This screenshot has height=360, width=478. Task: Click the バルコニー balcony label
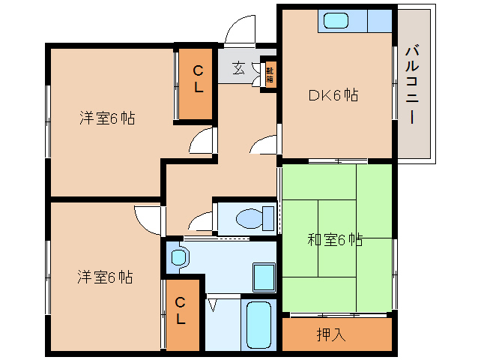(412, 85)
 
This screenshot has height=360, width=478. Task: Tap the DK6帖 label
(333, 95)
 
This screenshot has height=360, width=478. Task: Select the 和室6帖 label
(335, 240)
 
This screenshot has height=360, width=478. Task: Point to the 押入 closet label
(331, 334)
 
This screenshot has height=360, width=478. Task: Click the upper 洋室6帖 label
(107, 118)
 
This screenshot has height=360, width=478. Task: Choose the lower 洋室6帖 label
(105, 277)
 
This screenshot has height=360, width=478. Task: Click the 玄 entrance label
(238, 68)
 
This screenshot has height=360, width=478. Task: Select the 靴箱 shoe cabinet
(270, 75)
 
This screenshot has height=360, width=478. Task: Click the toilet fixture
(255, 218)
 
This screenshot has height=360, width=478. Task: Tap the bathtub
(258, 325)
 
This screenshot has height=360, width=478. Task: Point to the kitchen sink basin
(336, 21)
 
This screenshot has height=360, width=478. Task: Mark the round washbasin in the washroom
(178, 258)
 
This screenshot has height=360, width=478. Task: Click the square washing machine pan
(264, 277)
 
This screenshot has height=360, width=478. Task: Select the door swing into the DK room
(264, 144)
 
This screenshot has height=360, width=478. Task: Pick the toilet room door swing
(201, 221)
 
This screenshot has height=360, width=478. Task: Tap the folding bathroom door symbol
(213, 304)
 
